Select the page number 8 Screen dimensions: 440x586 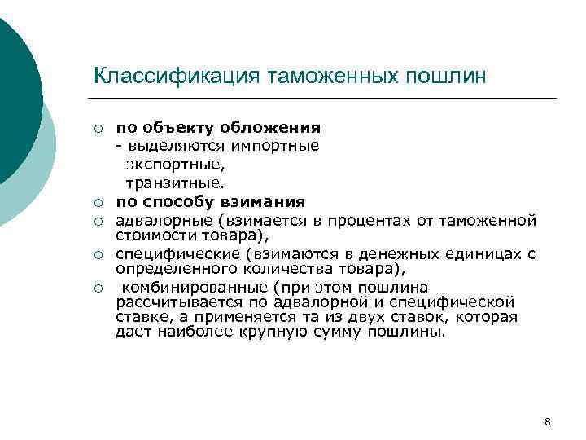(x=547, y=421)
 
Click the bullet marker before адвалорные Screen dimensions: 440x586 (x=98, y=220)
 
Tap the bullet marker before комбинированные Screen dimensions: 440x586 (x=98, y=288)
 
